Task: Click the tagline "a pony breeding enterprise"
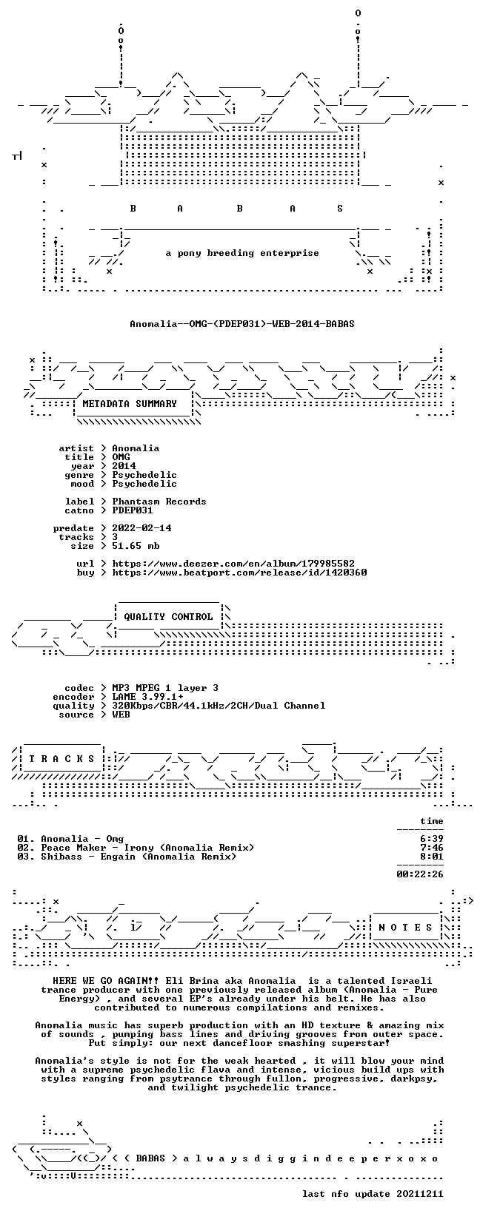tap(242, 253)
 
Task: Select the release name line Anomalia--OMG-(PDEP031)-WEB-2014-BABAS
tap(242, 324)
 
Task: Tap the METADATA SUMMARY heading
tap(130, 404)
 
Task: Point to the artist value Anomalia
tap(136, 448)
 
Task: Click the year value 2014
tap(124, 466)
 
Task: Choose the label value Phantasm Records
tap(159, 502)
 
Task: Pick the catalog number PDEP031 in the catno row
tap(133, 510)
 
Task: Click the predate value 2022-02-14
tap(141, 528)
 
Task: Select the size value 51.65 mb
tap(136, 546)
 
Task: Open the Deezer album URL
tap(233, 564)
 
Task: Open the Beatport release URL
tap(239, 573)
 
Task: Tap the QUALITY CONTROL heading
tap(168, 617)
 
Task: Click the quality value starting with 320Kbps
tap(219, 706)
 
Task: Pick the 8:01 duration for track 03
tap(432, 857)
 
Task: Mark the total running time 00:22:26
tap(420, 874)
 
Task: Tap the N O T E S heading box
tap(406, 928)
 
